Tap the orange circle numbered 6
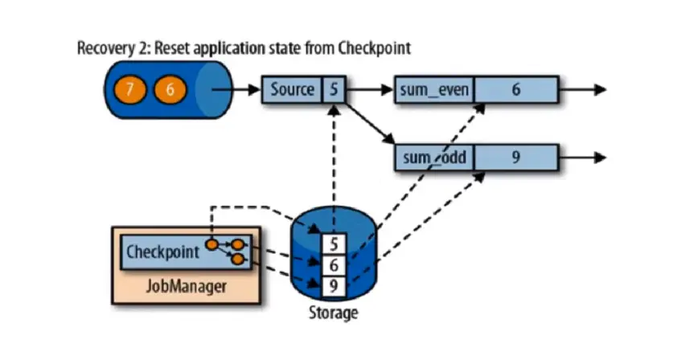170,89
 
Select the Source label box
292,89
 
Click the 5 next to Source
333,89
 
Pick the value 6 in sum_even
515,89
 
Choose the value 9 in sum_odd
515,157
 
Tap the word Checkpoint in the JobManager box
163,252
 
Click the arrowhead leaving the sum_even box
599,89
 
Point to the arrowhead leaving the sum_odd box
599,157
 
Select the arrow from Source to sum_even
368,89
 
